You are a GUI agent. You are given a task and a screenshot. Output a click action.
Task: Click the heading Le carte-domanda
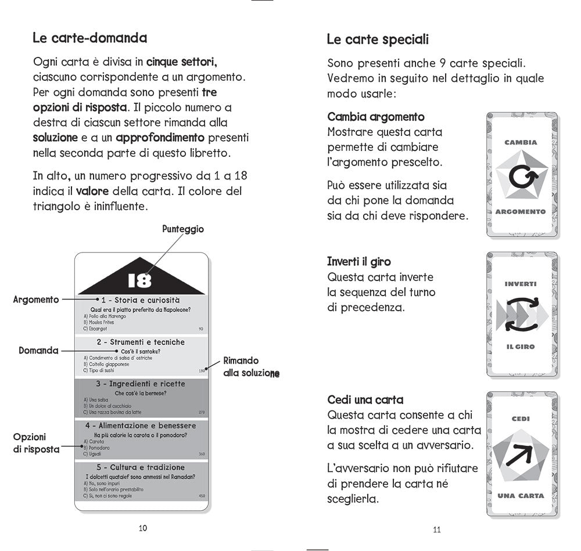[89, 39]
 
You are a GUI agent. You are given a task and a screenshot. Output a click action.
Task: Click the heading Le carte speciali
[378, 40]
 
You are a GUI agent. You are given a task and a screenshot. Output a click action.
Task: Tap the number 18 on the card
[139, 280]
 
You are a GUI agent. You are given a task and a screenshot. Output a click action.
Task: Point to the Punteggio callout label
[182, 229]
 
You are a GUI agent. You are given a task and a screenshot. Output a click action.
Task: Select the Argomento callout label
[36, 300]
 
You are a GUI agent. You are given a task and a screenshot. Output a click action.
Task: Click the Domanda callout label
[39, 351]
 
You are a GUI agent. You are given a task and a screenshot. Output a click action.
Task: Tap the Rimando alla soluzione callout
[251, 367]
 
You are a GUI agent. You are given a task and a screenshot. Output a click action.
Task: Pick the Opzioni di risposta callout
[36, 443]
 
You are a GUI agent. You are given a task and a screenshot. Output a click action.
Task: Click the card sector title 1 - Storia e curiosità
[141, 300]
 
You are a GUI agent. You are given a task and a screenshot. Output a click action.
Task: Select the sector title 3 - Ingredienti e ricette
[141, 384]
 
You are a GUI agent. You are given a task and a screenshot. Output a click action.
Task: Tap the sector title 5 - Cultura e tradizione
[141, 467]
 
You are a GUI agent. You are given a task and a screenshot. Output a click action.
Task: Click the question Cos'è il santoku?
[140, 351]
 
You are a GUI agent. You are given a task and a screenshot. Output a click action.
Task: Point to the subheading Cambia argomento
[376, 117]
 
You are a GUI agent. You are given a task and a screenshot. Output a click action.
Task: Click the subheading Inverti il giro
[358, 261]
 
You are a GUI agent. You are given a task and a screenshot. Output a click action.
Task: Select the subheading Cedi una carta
[365, 400]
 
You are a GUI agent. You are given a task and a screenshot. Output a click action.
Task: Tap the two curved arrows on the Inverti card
[520, 315]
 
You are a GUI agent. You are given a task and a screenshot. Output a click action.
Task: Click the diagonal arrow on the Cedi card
[520, 456]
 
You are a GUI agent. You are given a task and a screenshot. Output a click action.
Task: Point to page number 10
[142, 528]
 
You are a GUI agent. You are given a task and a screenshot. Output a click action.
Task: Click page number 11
[437, 529]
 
